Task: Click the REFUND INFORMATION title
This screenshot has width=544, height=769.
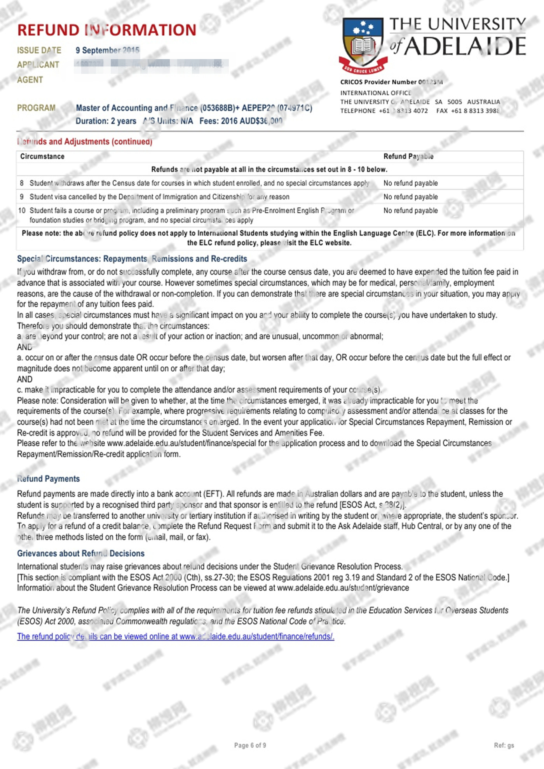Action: pyautogui.click(x=107, y=30)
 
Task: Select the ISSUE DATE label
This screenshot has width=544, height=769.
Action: pyautogui.click(x=39, y=51)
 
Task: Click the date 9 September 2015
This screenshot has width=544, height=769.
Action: pyautogui.click(x=107, y=50)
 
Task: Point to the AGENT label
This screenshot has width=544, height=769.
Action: pyautogui.click(x=30, y=80)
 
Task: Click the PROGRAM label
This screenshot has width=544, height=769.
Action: pyautogui.click(x=36, y=108)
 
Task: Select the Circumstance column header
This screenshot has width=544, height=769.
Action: pyautogui.click(x=42, y=156)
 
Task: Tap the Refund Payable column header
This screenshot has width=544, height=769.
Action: pyautogui.click(x=408, y=156)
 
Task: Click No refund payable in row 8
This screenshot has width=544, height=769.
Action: pyautogui.click(x=410, y=183)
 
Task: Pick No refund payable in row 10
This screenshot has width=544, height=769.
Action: pyautogui.click(x=410, y=210)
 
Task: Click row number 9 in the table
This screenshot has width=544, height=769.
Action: pyautogui.click(x=22, y=197)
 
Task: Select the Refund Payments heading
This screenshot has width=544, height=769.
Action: pyautogui.click(x=48, y=479)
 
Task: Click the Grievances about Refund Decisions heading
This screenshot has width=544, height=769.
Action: pyautogui.click(x=80, y=553)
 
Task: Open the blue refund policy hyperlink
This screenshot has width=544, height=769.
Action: pyautogui.click(x=175, y=636)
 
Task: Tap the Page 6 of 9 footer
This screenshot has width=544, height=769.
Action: pyautogui.click(x=250, y=745)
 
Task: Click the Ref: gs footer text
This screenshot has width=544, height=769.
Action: pyautogui.click(x=504, y=745)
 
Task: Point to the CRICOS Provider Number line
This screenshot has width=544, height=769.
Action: pyautogui.click(x=391, y=82)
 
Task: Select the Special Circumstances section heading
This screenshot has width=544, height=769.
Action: pyautogui.click(x=132, y=259)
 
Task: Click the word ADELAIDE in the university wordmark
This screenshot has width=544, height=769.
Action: pyautogui.click(x=465, y=47)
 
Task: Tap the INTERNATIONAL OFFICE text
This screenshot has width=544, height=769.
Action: pyautogui.click(x=375, y=93)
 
